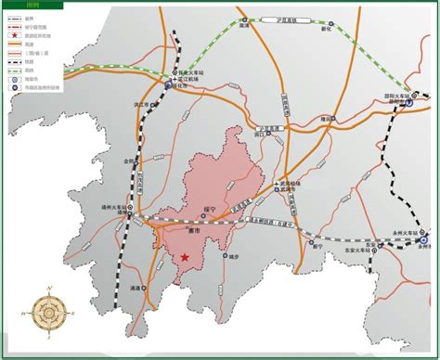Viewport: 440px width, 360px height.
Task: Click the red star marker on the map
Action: click(186, 256)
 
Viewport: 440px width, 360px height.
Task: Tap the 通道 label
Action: click(136, 290)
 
